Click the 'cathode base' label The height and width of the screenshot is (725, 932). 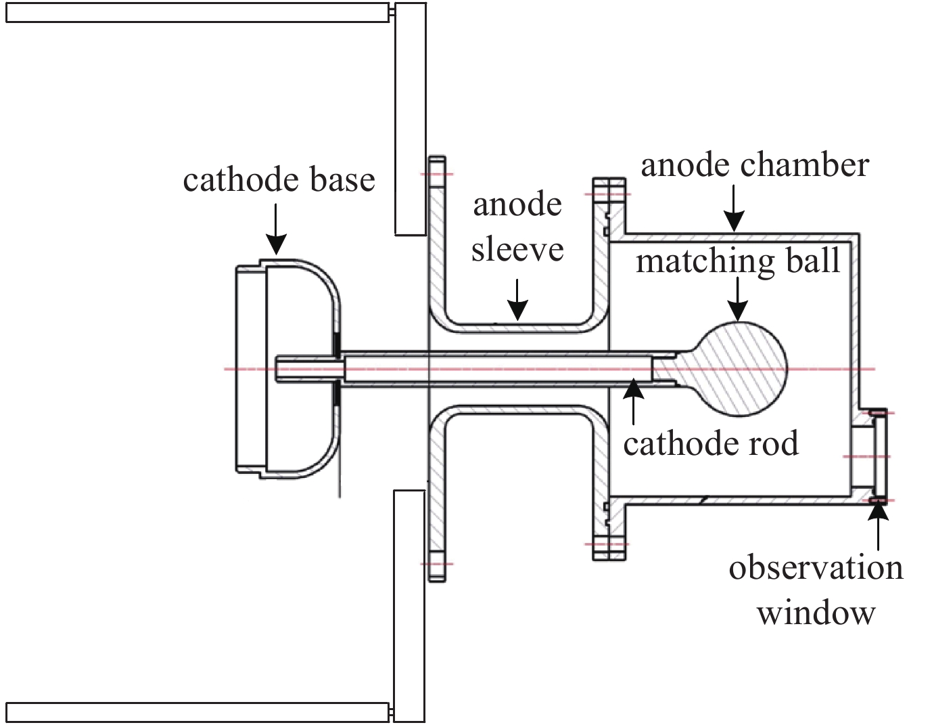(x=279, y=180)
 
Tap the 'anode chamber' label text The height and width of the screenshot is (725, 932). (x=755, y=165)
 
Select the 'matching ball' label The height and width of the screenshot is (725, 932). (x=738, y=261)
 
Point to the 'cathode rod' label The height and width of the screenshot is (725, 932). (x=711, y=443)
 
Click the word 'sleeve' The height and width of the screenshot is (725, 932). (x=517, y=249)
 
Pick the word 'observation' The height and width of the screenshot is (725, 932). (x=816, y=567)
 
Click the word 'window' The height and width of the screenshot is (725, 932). (x=816, y=613)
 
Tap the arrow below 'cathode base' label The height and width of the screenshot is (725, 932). (x=276, y=230)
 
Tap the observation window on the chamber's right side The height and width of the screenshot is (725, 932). (x=879, y=456)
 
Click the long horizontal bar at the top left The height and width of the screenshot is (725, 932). (x=196, y=13)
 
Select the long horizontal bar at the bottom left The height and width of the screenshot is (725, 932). (x=196, y=712)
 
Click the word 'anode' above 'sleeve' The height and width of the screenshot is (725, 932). (x=517, y=204)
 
